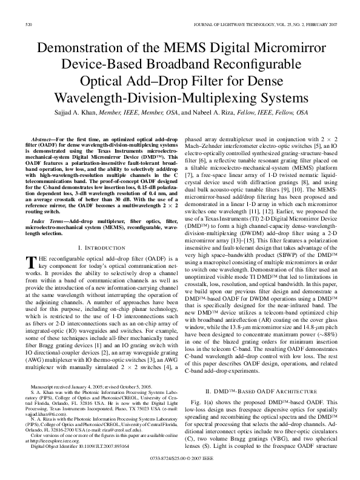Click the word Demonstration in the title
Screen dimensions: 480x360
[80, 48]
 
